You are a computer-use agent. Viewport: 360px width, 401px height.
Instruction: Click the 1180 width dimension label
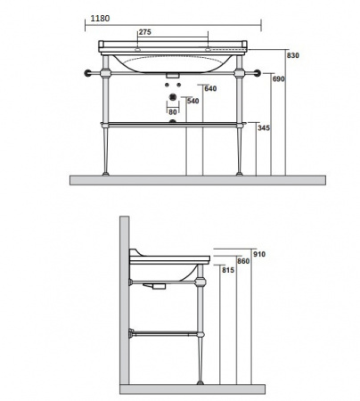tap(100, 19)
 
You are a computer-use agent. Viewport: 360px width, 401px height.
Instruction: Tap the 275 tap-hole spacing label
tap(145, 32)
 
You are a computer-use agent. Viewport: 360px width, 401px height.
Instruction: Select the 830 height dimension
tap(293, 55)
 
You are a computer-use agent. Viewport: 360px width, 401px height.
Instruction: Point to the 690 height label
tap(279, 79)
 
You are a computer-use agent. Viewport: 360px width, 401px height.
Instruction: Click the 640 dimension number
tap(210, 88)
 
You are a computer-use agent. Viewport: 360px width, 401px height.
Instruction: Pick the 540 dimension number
tap(193, 101)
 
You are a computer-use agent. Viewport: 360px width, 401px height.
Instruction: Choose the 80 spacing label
tap(173, 112)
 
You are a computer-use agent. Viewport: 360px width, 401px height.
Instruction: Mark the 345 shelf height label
tap(264, 128)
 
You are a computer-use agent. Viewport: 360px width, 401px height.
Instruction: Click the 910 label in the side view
tap(259, 254)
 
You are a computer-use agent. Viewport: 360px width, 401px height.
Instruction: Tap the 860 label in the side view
tap(243, 261)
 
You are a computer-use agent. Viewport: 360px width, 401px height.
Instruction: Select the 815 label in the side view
tap(228, 270)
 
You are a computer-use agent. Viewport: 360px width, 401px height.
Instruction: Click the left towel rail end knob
tap(88, 73)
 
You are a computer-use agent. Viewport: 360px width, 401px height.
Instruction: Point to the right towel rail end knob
tap(258, 73)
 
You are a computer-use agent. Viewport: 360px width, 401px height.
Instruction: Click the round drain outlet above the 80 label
tap(173, 97)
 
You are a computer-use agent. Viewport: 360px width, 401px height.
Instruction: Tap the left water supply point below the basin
tap(167, 85)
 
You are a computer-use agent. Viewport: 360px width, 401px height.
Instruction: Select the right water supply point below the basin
tap(178, 85)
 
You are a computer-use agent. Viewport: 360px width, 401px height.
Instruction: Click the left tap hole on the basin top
tap(137, 50)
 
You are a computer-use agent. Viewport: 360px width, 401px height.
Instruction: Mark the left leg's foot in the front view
tap(106, 174)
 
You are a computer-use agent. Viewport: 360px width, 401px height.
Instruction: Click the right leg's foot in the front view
tap(240, 174)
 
